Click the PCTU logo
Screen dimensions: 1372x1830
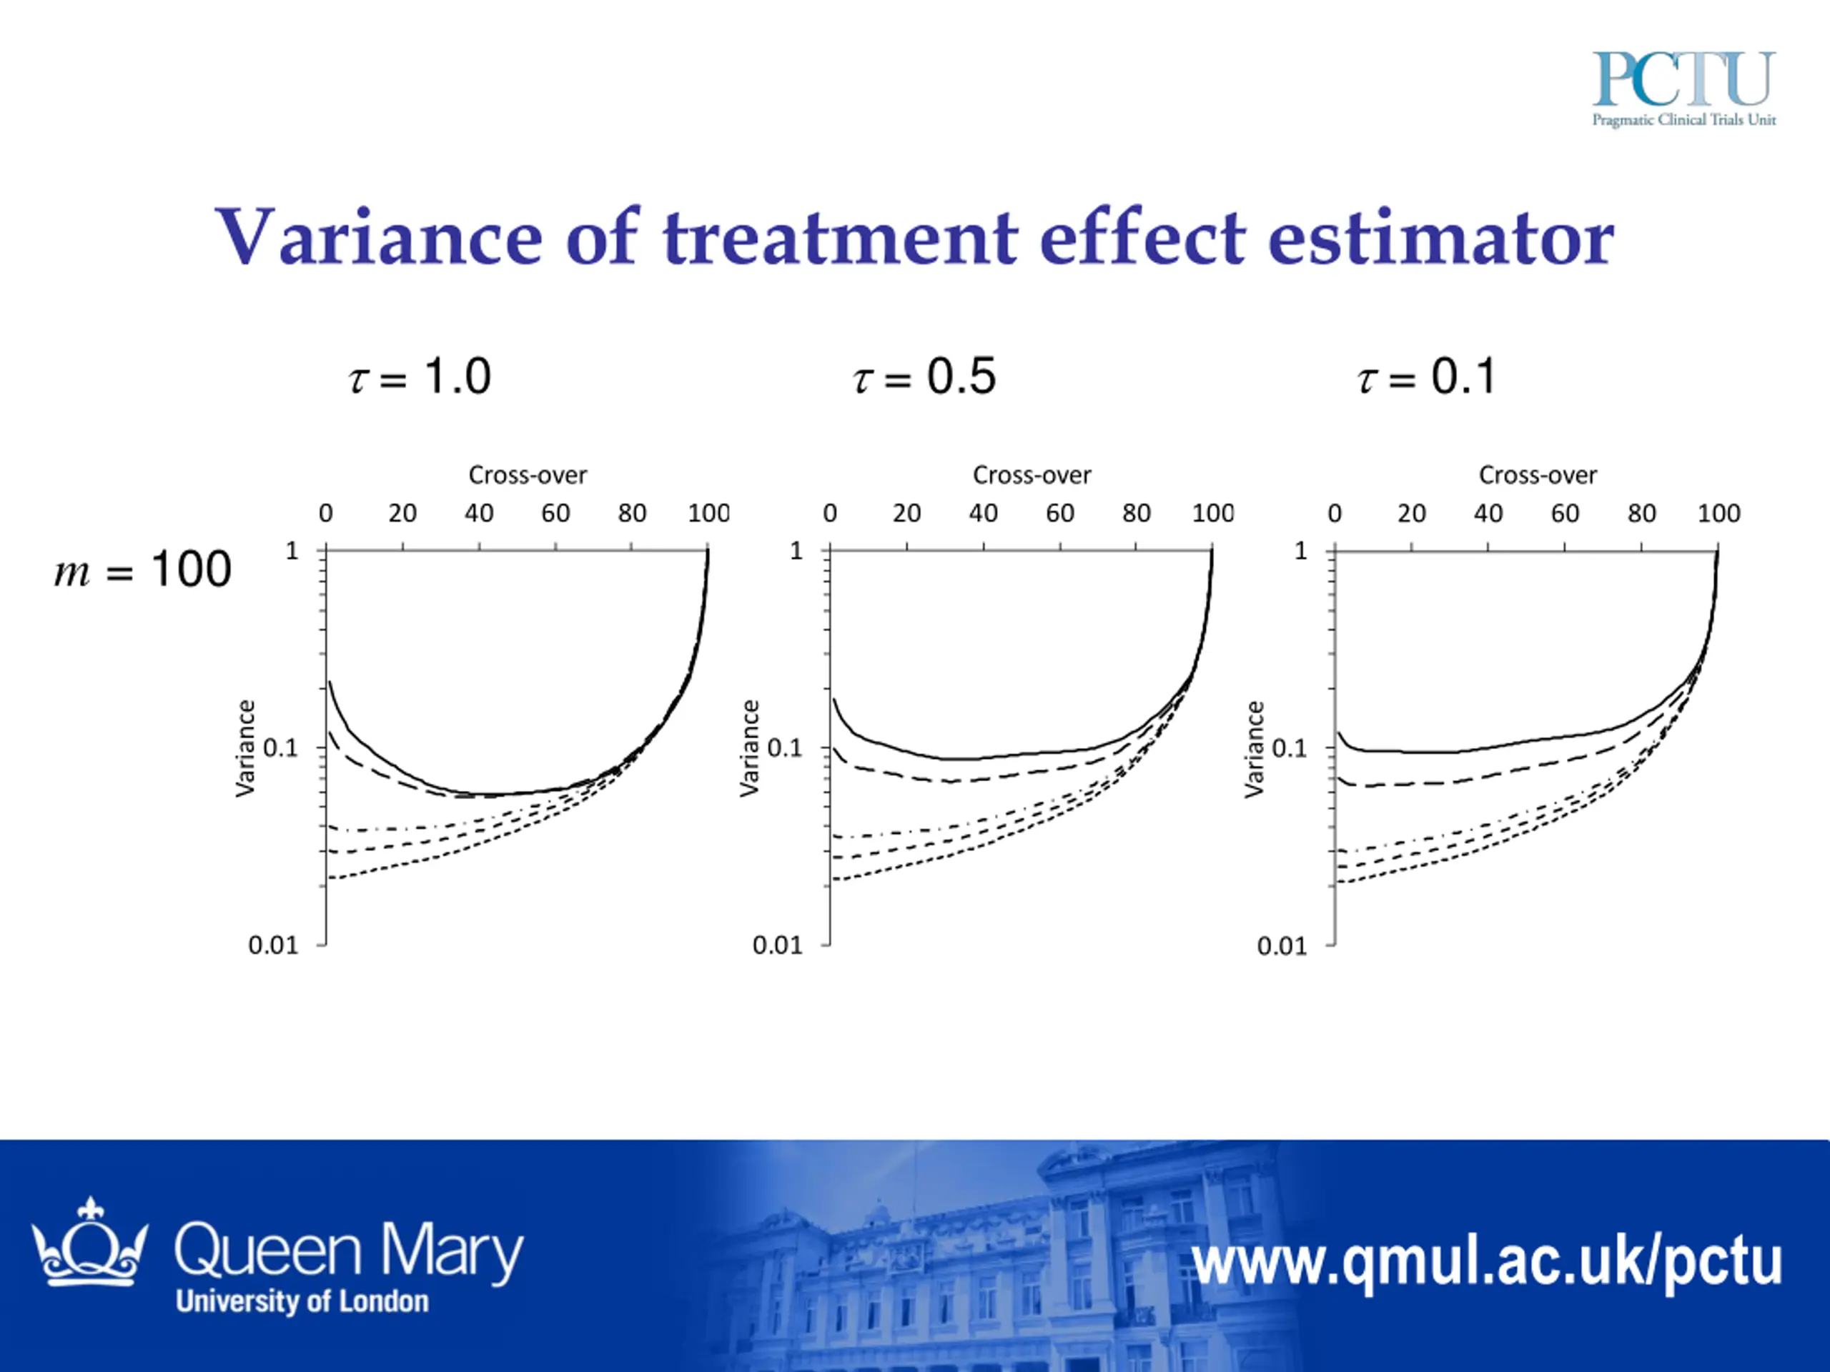pos(1683,87)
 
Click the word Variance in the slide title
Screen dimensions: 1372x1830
pos(378,238)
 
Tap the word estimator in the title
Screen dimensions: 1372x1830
pos(1440,238)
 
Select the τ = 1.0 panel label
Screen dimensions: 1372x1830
pos(420,377)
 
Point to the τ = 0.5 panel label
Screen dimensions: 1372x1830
pos(925,377)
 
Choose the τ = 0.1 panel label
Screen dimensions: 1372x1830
pos(1427,377)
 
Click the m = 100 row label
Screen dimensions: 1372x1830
pos(143,570)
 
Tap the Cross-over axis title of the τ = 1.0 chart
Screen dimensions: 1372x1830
pos(528,475)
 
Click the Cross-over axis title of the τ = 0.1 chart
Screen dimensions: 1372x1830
pos(1538,475)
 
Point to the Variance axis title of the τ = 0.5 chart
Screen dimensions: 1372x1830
pos(748,747)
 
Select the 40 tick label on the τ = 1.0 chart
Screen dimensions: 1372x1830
pos(479,514)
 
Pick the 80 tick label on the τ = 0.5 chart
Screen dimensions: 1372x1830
pos(1137,514)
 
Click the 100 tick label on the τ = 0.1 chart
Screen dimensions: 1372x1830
pos(1718,514)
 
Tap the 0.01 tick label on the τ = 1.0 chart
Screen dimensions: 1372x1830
pos(273,945)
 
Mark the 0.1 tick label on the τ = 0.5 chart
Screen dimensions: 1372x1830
pos(785,747)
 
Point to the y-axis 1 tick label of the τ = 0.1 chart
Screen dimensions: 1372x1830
pos(1300,551)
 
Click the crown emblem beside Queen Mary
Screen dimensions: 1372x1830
pos(89,1243)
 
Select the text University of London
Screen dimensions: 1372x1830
pos(302,1302)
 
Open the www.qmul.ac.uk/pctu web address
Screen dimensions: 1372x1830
pos(1487,1262)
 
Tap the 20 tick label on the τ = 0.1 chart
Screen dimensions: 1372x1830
pos(1411,514)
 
